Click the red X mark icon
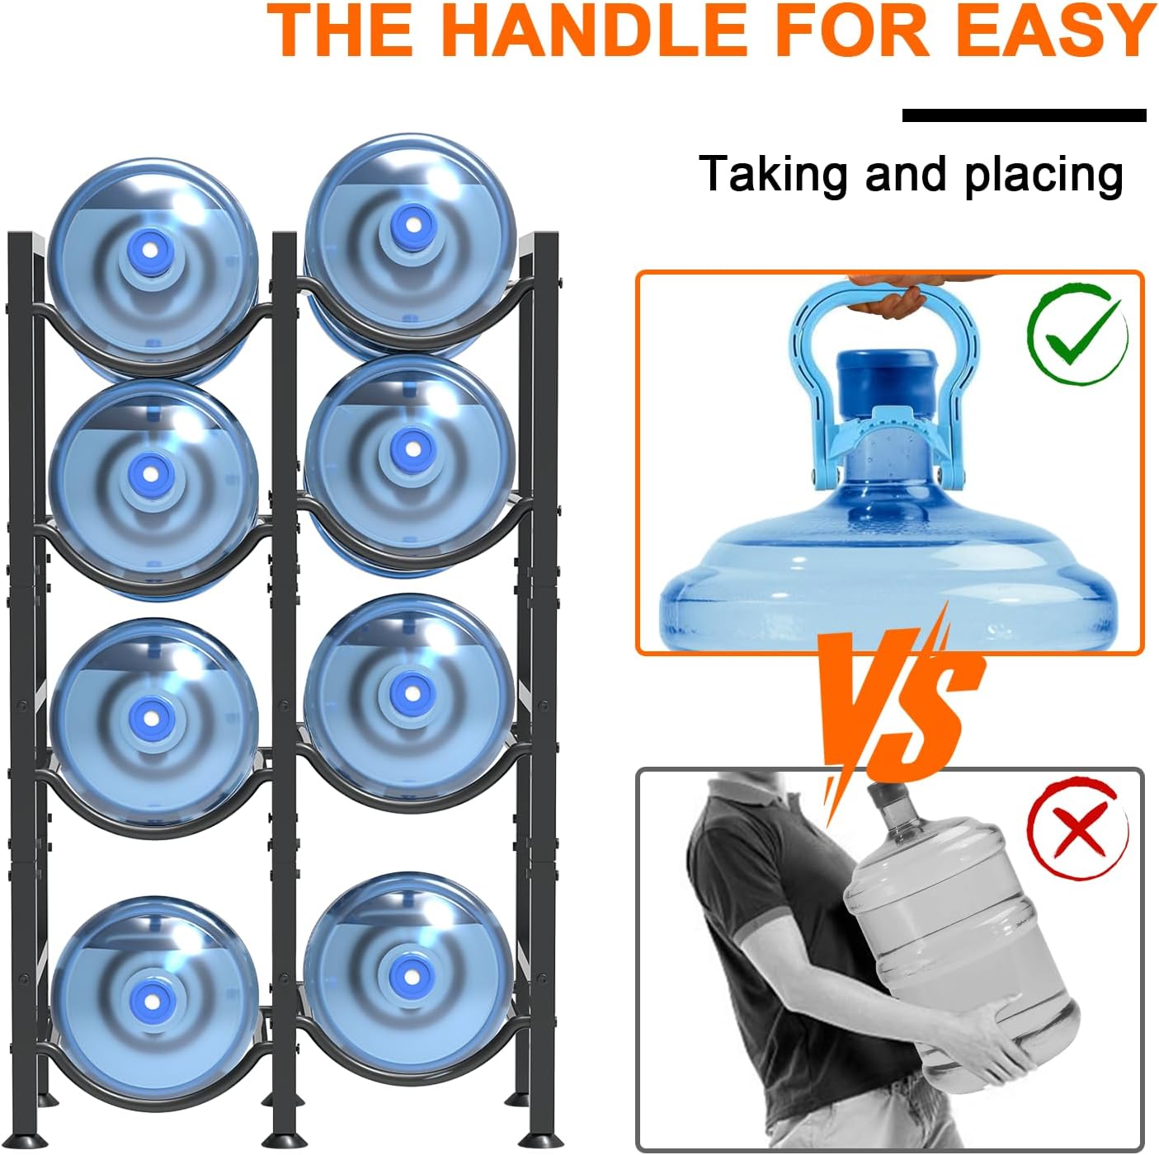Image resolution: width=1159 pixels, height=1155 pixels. [1077, 828]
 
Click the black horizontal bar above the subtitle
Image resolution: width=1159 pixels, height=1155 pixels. [1024, 115]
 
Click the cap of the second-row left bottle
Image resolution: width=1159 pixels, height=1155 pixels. [149, 473]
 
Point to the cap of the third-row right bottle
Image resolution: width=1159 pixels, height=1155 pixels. [410, 693]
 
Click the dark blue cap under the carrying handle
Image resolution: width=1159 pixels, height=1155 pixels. [887, 381]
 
